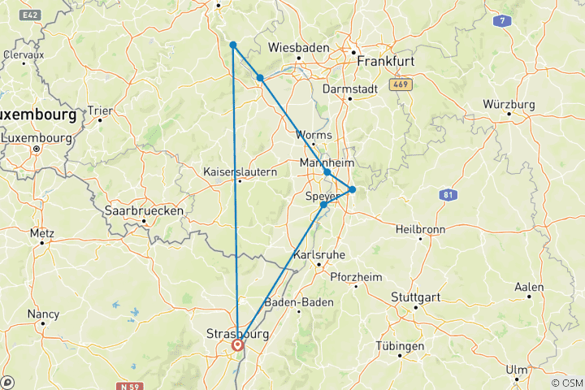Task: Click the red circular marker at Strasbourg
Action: [237, 345]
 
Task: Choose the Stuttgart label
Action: [416, 297]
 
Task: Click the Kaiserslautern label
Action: [240, 171]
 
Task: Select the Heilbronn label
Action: [419, 229]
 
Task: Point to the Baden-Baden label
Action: [300, 303]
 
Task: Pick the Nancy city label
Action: [43, 314]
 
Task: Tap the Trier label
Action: [100, 110]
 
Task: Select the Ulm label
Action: [516, 369]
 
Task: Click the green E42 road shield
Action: [31, 15]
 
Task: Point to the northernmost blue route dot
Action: [232, 45]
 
